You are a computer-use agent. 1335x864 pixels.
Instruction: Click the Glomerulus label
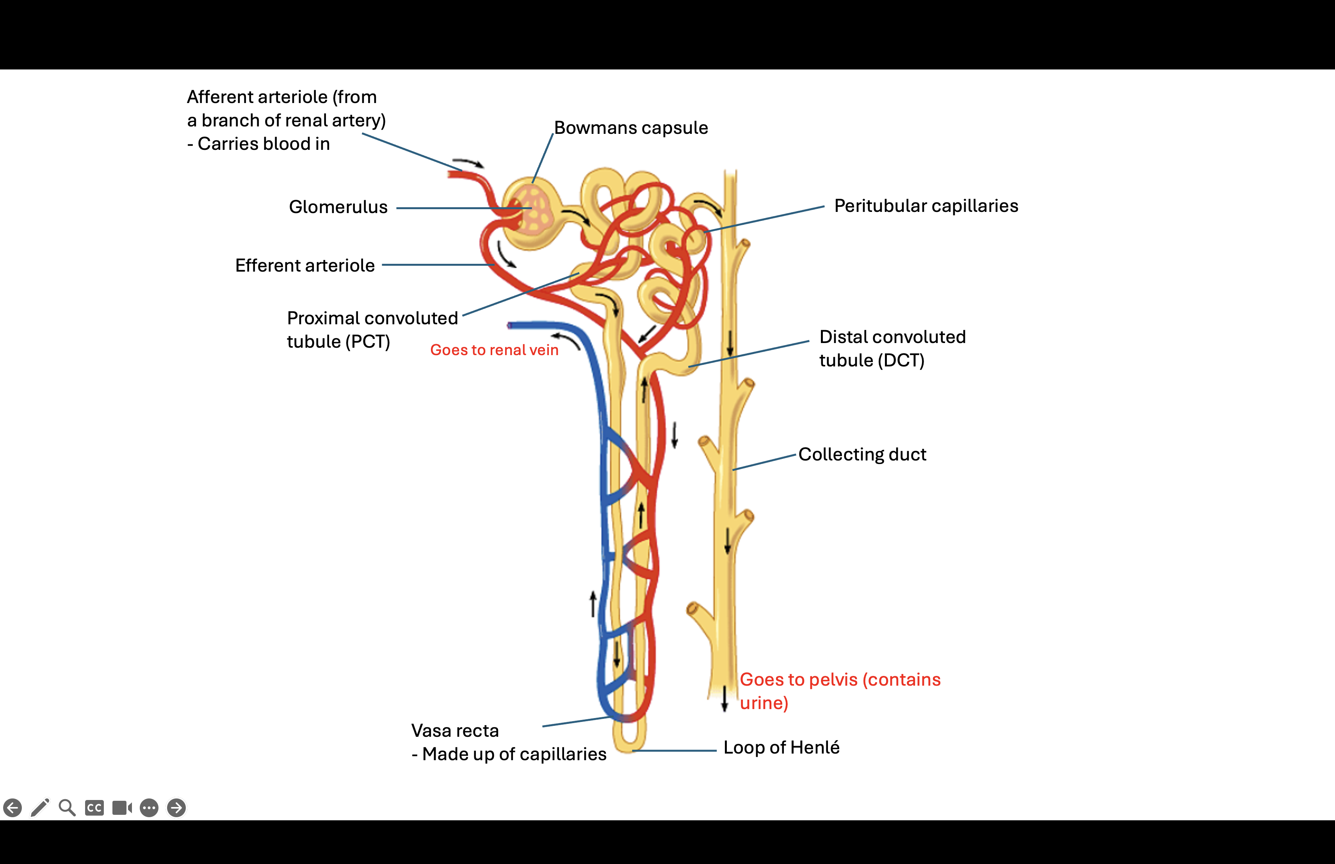(x=338, y=207)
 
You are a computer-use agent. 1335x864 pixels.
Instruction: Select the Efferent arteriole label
(x=304, y=265)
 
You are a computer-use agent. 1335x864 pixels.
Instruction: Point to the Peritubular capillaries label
(x=926, y=206)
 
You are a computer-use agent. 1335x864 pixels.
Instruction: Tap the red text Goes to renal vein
(x=494, y=350)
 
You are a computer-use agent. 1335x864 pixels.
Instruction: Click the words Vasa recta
(x=454, y=731)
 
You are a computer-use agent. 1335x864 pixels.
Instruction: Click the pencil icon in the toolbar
(x=40, y=807)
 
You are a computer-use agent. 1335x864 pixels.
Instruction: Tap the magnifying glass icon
(x=67, y=807)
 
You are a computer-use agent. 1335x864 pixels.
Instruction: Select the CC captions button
(x=94, y=807)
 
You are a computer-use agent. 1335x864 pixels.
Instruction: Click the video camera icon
(x=122, y=807)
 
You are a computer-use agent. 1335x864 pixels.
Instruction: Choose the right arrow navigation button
(x=176, y=807)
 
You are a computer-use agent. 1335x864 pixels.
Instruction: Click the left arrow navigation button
(x=12, y=807)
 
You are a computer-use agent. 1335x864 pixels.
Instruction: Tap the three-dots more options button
(x=149, y=807)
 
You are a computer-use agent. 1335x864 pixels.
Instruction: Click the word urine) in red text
(x=764, y=703)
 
